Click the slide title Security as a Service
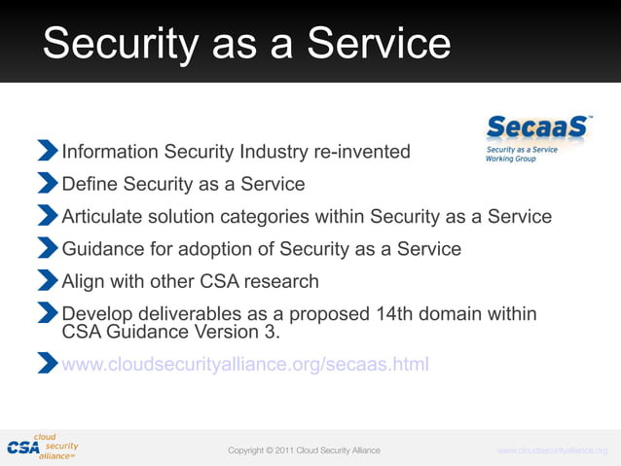pos(246,43)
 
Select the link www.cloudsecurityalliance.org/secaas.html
pos(244,365)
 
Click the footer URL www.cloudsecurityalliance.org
pos(552,450)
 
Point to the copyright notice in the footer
pos(304,450)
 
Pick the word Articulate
pos(104,216)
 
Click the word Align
pos(83,281)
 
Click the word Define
pos(90,184)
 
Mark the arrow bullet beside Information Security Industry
pos(48,151)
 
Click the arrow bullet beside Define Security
pos(48,183)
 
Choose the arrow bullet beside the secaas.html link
pos(48,364)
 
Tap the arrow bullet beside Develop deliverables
pos(48,313)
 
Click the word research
pos(278,281)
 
